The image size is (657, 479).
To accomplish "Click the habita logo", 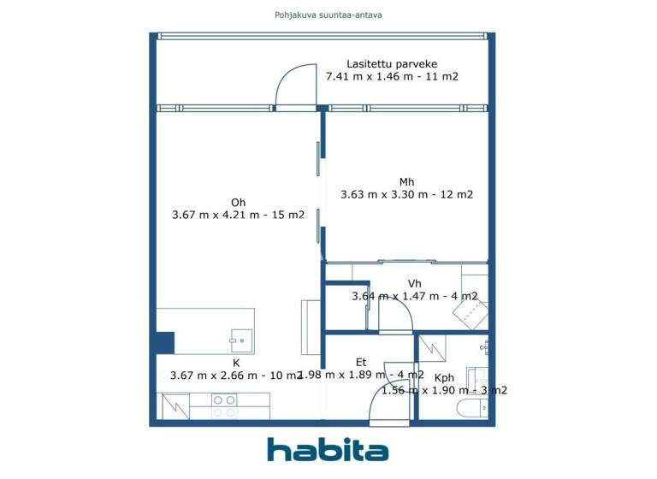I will [x=328, y=449].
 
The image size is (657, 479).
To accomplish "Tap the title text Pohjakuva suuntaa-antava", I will [x=328, y=15].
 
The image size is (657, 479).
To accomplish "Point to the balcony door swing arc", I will [x=292, y=87].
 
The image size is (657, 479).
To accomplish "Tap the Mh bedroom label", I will [x=406, y=181].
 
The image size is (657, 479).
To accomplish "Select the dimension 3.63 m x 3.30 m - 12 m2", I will [x=406, y=194].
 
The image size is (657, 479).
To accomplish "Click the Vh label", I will [x=414, y=283].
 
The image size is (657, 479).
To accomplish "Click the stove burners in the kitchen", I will [x=224, y=405].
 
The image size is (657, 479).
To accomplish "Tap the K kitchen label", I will [x=236, y=363].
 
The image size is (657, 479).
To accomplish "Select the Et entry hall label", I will [x=361, y=363].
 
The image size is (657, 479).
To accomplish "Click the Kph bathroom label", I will [x=444, y=377].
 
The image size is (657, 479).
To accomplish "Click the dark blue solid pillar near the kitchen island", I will [x=165, y=342].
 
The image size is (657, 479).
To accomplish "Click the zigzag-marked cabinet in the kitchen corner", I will [x=175, y=405].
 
